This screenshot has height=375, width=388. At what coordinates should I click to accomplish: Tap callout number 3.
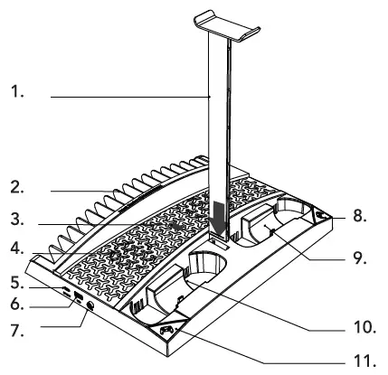[16, 219]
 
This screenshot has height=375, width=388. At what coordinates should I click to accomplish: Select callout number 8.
[359, 217]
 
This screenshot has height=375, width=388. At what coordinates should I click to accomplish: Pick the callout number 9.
[359, 256]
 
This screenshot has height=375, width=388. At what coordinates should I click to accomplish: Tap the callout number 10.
[361, 323]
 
